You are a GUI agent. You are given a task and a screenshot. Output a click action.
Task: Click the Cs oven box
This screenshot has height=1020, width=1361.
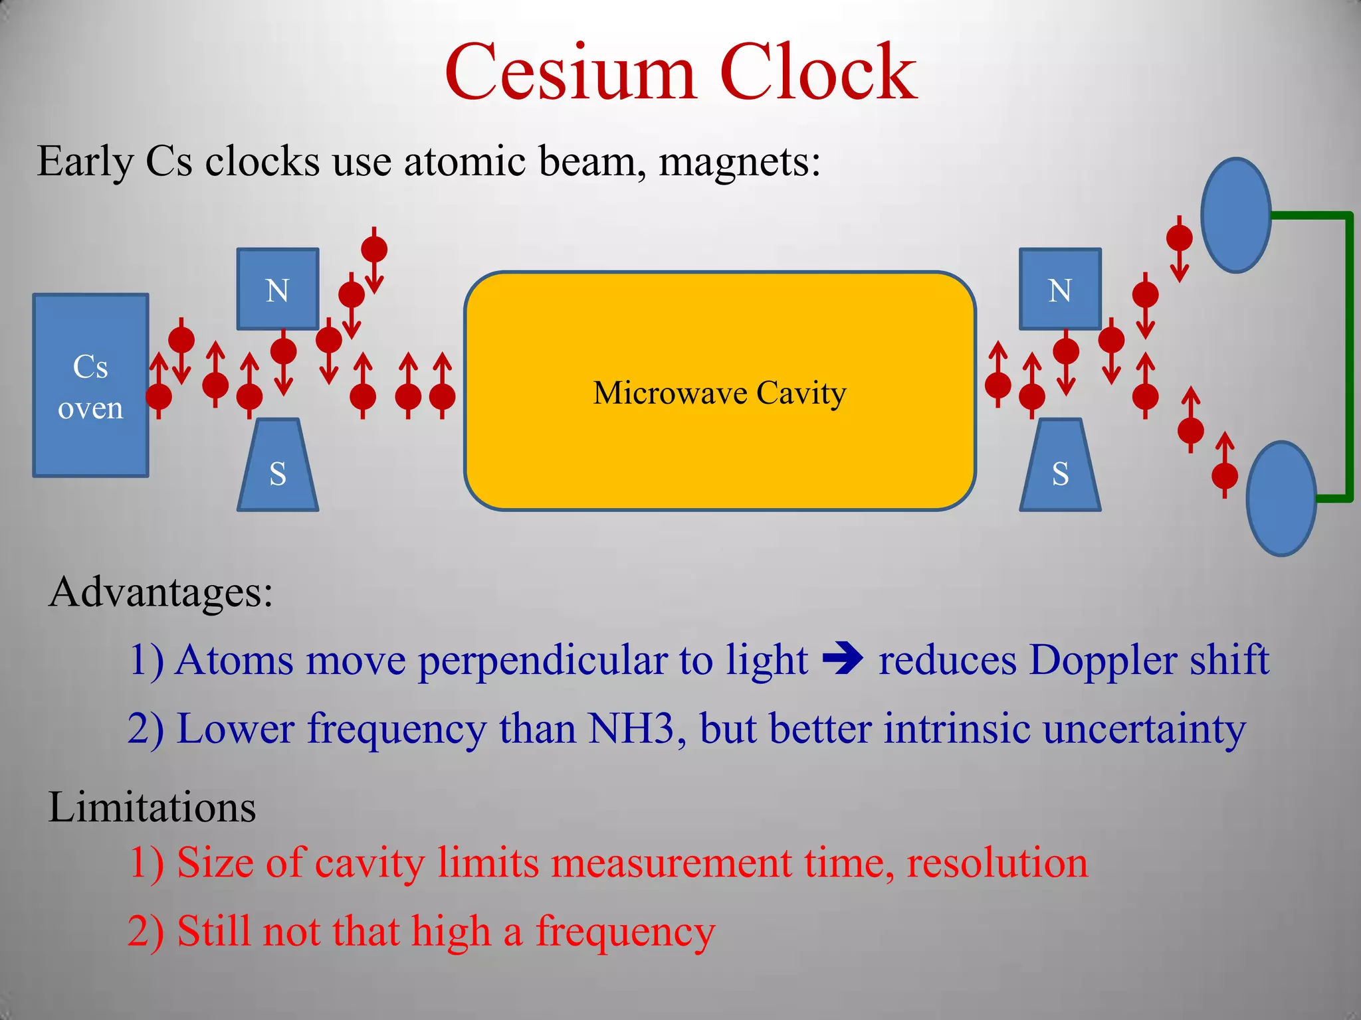(90, 385)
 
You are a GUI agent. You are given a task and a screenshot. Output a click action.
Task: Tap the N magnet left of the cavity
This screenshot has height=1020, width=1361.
(278, 289)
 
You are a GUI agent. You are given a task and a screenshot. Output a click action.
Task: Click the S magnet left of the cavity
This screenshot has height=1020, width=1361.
(278, 468)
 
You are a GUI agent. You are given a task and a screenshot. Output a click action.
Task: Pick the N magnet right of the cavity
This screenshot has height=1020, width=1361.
(1060, 289)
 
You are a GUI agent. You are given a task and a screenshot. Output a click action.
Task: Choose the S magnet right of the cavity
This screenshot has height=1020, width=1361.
(1060, 468)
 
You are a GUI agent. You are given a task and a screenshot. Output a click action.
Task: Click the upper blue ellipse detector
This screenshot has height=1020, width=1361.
(1236, 215)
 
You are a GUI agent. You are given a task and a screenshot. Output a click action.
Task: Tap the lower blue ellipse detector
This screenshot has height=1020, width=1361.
(1281, 498)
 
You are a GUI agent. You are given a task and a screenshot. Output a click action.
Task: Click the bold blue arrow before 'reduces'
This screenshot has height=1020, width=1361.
(843, 659)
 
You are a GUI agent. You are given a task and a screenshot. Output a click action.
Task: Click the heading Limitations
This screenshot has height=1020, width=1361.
(152, 807)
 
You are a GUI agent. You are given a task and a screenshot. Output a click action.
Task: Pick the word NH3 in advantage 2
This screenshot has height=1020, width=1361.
(631, 728)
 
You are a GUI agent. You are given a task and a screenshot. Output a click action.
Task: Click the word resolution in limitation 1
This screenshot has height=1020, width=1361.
(997, 863)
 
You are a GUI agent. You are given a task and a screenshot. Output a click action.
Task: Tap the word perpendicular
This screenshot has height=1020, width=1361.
(543, 661)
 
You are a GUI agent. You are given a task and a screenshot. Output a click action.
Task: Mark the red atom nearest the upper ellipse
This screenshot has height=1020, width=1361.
(1180, 237)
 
